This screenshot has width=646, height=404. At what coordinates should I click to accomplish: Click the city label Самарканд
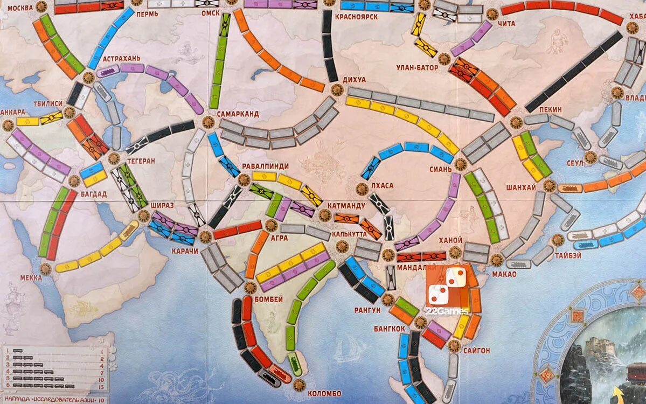pyautogui.click(x=238, y=114)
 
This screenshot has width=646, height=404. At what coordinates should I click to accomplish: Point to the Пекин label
pyautogui.click(x=550, y=109)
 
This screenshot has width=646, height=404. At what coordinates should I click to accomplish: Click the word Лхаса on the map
pyautogui.click(x=382, y=185)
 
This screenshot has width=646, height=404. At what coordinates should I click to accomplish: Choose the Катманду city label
pyautogui.click(x=346, y=205)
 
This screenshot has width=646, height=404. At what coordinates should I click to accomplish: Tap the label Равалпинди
pyautogui.click(x=265, y=166)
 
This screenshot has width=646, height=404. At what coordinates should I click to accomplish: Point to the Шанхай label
pyautogui.click(x=521, y=187)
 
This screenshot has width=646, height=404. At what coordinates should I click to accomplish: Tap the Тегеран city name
pyautogui.click(x=141, y=161)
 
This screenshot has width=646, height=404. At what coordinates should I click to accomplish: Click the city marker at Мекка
pyautogui.click(x=46, y=268)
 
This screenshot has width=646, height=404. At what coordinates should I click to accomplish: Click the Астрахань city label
pyautogui.click(x=122, y=58)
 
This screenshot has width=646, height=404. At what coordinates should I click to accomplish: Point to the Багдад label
pyautogui.click(x=93, y=193)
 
